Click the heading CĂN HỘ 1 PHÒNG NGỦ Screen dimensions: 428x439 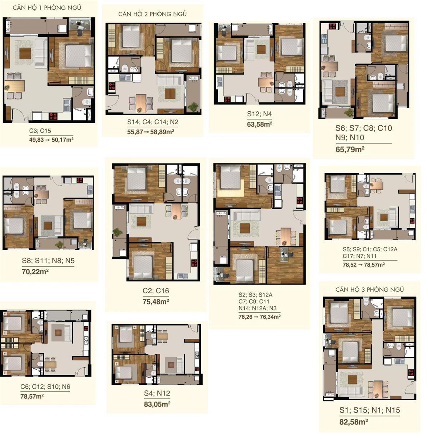point(47,8)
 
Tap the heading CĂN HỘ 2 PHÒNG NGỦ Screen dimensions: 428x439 point(152,14)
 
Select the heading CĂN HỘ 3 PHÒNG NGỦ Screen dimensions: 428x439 point(370,290)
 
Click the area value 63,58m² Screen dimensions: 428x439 point(259,124)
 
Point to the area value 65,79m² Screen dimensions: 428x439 point(350,149)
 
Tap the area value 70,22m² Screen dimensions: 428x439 point(35,271)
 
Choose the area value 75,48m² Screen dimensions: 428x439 point(156,302)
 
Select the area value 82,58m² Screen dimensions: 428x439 point(353,422)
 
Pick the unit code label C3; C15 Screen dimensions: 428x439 point(40,131)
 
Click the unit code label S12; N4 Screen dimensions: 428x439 point(259,114)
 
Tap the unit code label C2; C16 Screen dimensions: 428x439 point(156,291)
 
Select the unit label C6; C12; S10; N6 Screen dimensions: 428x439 point(45,387)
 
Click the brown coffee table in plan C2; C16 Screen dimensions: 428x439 point(141,222)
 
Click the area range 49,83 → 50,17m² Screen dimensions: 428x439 point(51,140)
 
